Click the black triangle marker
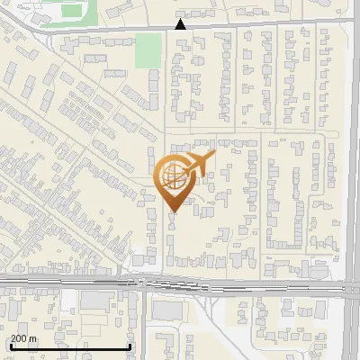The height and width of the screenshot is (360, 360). tap(181, 24)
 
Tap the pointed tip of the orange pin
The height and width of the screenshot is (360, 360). tap(175, 212)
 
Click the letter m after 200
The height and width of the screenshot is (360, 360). tap(33, 339)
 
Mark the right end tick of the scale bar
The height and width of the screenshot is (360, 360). tap(131, 346)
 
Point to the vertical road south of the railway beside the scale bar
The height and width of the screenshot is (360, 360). tap(143, 324)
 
